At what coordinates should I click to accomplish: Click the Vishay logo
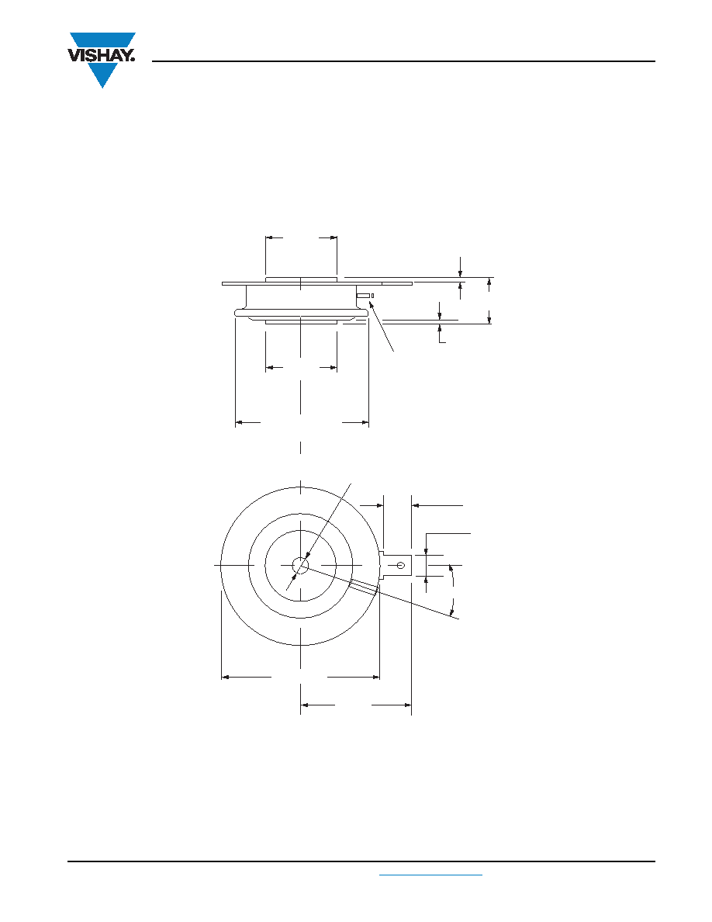pyautogui.click(x=102, y=60)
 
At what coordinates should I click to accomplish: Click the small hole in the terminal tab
pyautogui.click(x=401, y=565)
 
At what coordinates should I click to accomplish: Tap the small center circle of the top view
pyautogui.click(x=301, y=565)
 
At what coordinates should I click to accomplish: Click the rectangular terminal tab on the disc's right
pyautogui.click(x=398, y=565)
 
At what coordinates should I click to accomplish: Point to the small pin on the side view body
pyautogui.click(x=363, y=295)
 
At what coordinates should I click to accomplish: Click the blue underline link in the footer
pyautogui.click(x=430, y=875)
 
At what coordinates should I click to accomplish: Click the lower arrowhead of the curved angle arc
pyautogui.click(x=453, y=612)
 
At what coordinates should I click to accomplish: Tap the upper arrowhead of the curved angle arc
pyautogui.click(x=451, y=568)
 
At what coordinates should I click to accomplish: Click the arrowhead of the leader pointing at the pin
pyautogui.click(x=371, y=304)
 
